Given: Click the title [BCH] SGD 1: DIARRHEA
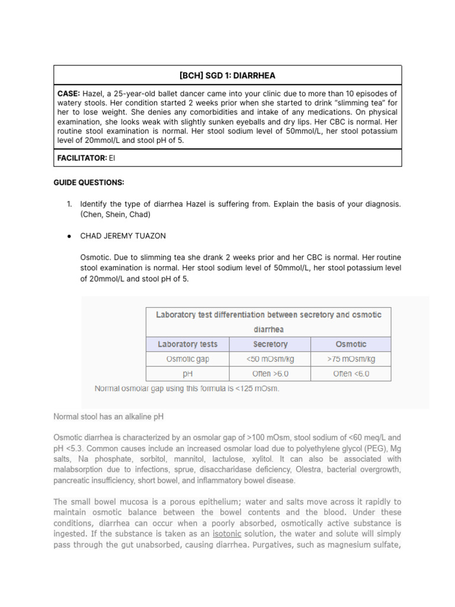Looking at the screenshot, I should click(227, 75).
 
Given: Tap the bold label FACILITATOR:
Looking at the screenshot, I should click(81, 158).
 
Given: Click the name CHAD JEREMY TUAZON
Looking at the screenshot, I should click(123, 236).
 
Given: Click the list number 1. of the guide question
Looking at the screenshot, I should click(69, 204).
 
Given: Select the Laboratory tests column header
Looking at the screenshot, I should click(187, 344).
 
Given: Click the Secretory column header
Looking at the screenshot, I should click(270, 344).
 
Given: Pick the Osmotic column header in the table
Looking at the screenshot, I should click(351, 344).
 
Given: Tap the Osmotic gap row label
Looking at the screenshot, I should click(187, 359).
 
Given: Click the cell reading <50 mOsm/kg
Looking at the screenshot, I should click(270, 359).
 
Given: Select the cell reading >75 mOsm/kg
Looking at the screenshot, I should click(351, 359).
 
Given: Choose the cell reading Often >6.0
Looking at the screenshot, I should click(270, 373).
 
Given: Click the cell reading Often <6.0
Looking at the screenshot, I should click(351, 373).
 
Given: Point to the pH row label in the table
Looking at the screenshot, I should click(187, 373).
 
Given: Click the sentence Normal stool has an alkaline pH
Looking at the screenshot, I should click(108, 417).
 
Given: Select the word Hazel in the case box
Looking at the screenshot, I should click(93, 94).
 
